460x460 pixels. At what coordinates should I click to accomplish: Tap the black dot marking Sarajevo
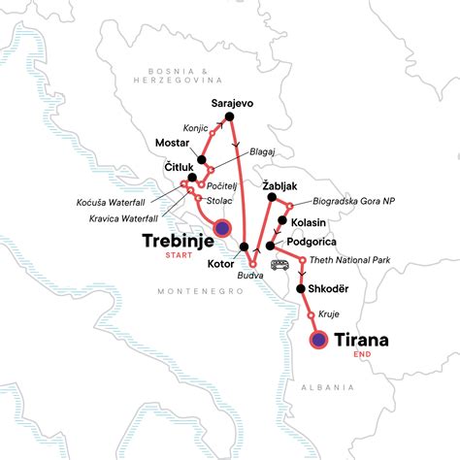tap(230, 118)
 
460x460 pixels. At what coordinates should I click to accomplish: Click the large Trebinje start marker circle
tap(221, 229)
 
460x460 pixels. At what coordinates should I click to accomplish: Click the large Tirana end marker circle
tap(318, 340)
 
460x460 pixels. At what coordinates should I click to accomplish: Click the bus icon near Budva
tap(281, 264)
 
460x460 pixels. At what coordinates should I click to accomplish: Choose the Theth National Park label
tap(349, 260)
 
